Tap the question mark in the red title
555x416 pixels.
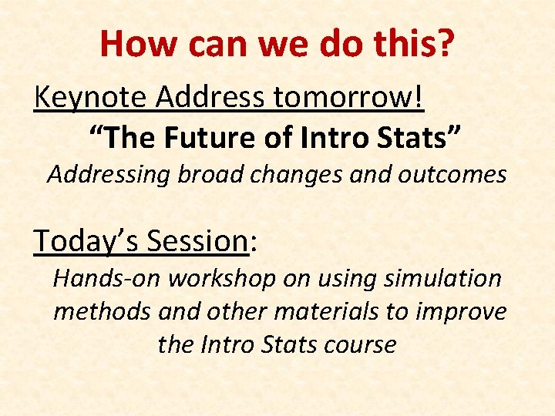tap(444, 44)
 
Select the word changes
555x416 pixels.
tap(298, 175)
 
